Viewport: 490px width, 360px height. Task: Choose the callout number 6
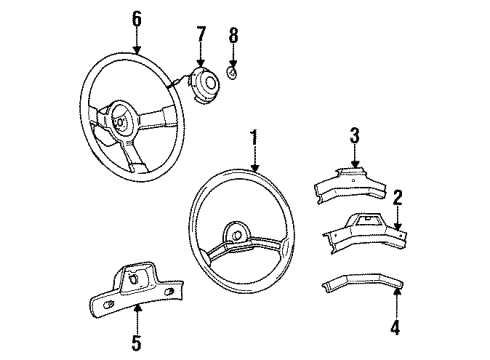pyautogui.click(x=137, y=18)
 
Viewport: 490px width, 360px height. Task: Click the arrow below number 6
pyautogui.click(x=137, y=49)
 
